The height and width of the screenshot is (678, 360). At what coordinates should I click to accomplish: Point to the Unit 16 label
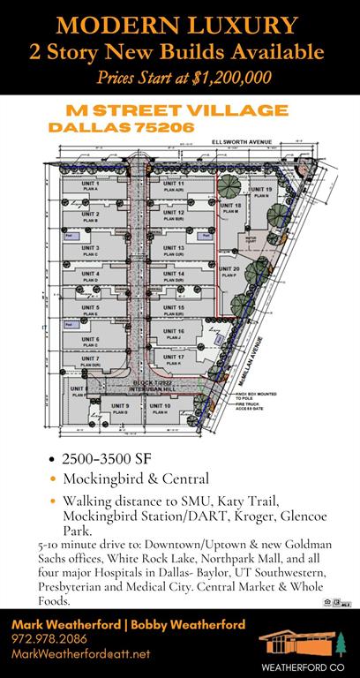coord(174,330)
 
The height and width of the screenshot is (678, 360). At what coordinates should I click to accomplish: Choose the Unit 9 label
coord(121,406)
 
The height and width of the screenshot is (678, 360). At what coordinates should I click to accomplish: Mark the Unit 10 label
coord(160,406)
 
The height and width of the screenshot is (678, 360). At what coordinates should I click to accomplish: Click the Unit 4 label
coord(91,275)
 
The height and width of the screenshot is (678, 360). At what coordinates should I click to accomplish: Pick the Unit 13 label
coord(174,250)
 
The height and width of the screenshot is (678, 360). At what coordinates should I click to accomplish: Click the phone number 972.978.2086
coord(49,637)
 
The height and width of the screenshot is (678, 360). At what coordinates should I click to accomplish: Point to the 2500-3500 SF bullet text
coord(103,459)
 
